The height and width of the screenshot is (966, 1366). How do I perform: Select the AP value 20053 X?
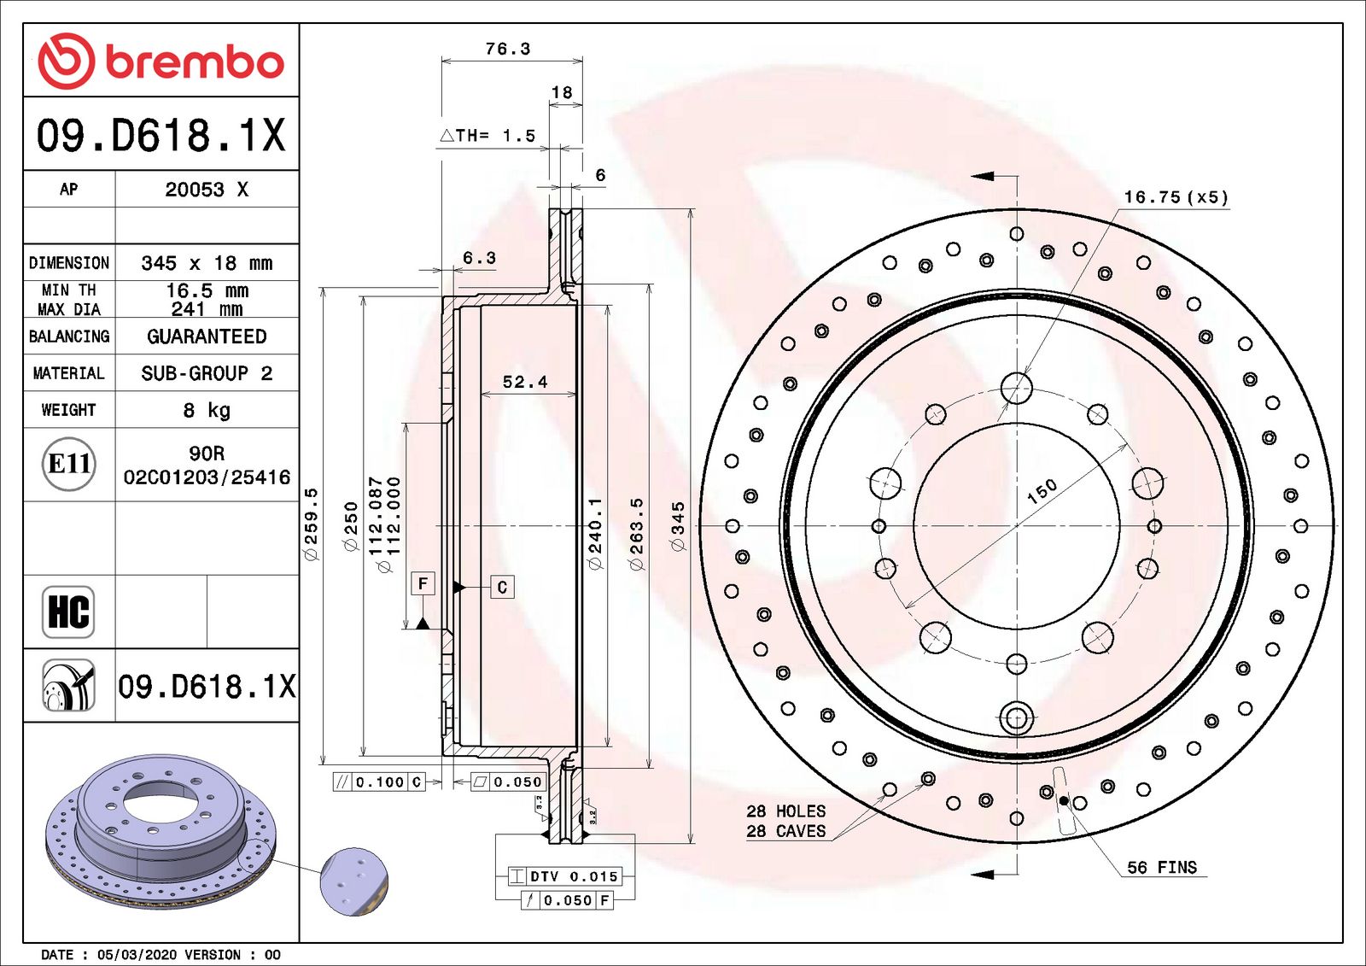click(207, 190)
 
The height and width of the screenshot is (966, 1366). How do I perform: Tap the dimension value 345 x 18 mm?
click(207, 263)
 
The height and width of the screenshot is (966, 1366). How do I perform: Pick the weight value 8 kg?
click(207, 410)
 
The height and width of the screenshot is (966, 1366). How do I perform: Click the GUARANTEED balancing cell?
click(207, 337)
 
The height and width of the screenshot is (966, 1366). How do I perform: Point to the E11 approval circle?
click(69, 465)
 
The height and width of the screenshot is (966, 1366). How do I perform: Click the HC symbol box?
click(68, 612)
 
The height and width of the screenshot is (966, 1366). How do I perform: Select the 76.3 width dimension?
click(508, 49)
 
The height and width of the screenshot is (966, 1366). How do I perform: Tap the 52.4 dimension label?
click(525, 382)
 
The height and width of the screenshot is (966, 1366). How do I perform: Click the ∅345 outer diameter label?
click(678, 527)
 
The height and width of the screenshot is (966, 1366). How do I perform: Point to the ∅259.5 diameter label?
click(311, 524)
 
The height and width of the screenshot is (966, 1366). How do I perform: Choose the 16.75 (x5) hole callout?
click(1176, 197)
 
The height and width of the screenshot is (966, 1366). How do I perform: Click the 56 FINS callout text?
click(1162, 867)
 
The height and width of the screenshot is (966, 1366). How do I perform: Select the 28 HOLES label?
click(786, 811)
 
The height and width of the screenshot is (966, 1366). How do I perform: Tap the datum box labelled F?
click(423, 584)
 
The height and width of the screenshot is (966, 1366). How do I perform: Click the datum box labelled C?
click(503, 587)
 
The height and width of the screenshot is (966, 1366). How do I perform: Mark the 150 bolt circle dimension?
click(1042, 492)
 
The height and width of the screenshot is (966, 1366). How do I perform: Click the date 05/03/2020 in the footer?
click(137, 954)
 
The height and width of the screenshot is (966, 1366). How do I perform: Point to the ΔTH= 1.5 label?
click(487, 136)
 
